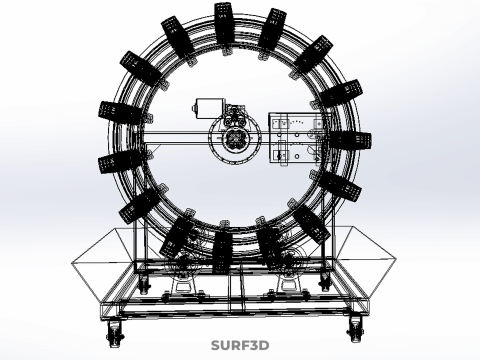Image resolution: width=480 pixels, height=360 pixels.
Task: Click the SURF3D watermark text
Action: coord(240,345)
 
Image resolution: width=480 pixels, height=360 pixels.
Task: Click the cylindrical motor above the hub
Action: coord(209,108)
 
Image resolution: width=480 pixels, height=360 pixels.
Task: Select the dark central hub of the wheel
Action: coord(235,138)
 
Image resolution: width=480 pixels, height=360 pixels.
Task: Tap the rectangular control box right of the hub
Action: coord(297,138)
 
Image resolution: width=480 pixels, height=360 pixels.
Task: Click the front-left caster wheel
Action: coord(115,333)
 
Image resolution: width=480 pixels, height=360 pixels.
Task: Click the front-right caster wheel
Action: coord(355,328)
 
